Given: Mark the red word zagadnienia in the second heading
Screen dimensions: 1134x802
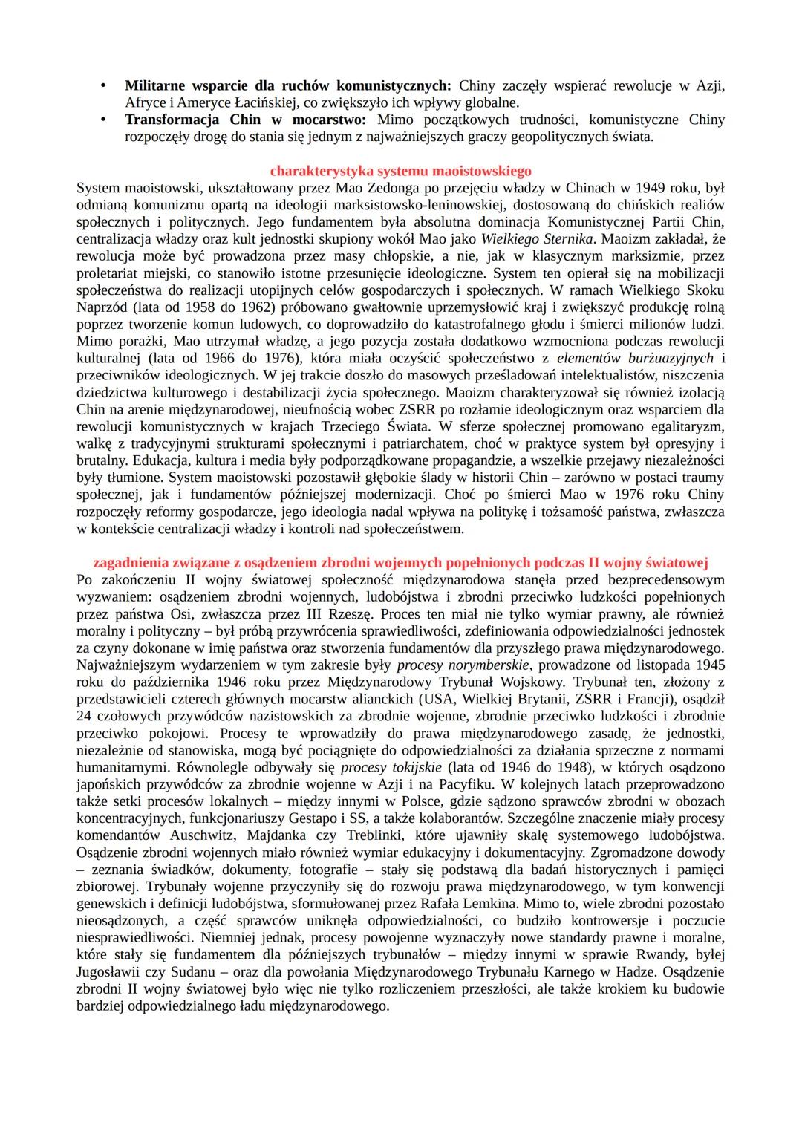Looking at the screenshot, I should click(x=131, y=562).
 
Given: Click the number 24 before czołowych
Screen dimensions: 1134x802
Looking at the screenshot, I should click(x=83, y=716).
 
